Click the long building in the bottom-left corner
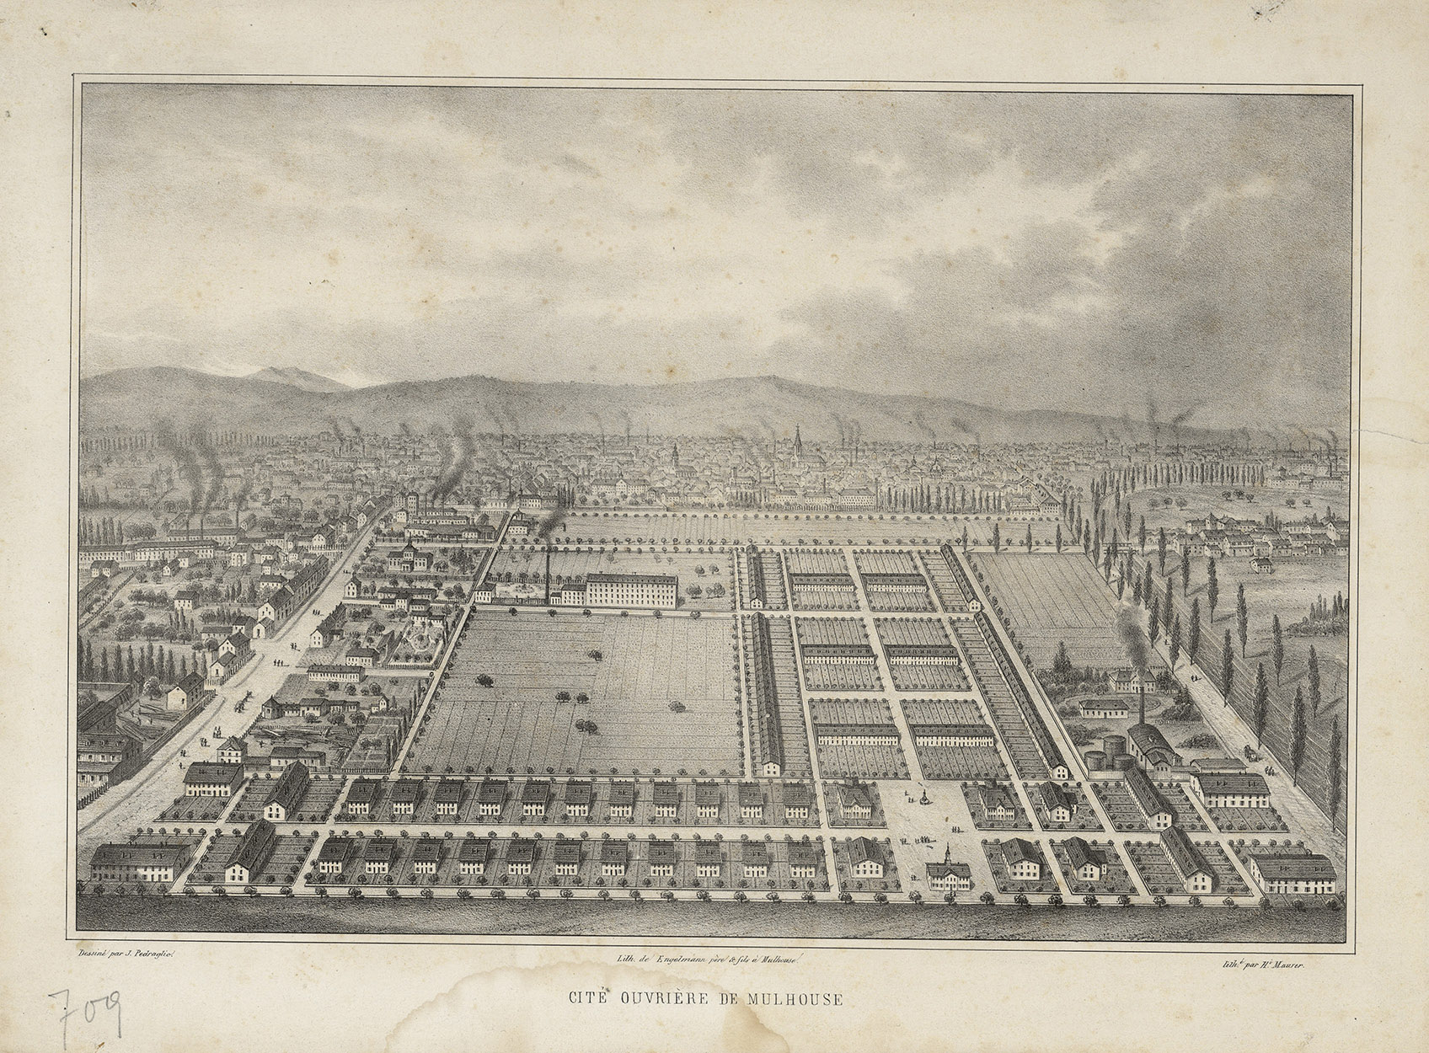pyautogui.click(x=140, y=867)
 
